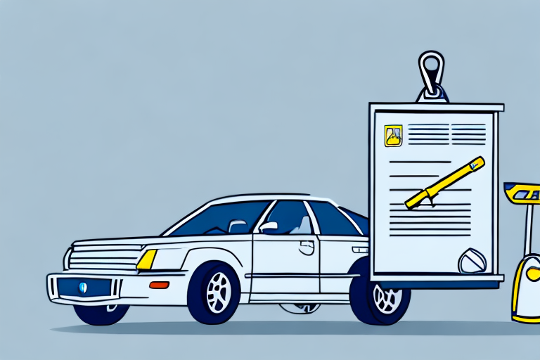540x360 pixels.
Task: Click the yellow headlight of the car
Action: point(147,259)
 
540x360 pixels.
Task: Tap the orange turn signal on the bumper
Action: point(160,285)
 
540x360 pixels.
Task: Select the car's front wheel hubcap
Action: point(218,292)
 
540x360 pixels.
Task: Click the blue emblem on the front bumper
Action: point(83,287)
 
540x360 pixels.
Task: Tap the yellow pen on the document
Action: point(445,182)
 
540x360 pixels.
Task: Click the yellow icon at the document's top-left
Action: point(393,135)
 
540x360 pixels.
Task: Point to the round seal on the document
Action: point(472,262)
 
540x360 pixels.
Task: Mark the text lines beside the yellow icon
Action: point(446,134)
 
